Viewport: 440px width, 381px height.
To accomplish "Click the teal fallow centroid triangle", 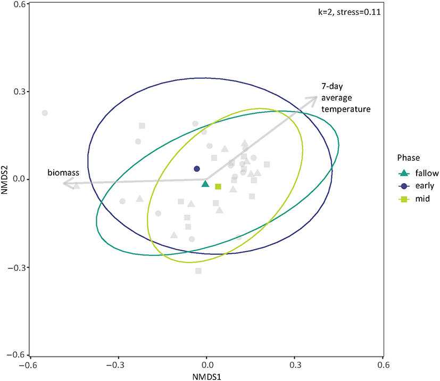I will coord(205,184).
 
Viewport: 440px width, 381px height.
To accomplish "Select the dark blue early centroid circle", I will coord(197,169).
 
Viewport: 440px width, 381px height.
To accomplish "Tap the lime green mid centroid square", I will coord(218,186).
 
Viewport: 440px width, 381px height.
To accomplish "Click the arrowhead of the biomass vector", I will coord(65,184).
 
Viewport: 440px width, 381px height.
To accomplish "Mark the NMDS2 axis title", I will coord(6,179).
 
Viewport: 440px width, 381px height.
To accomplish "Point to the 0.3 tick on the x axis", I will coord(295,366).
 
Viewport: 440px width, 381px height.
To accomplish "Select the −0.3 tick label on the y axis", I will coord(18,267).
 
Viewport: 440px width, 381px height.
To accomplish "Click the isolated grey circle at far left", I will coord(45,113).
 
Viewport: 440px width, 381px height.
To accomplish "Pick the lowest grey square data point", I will coord(198,271).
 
